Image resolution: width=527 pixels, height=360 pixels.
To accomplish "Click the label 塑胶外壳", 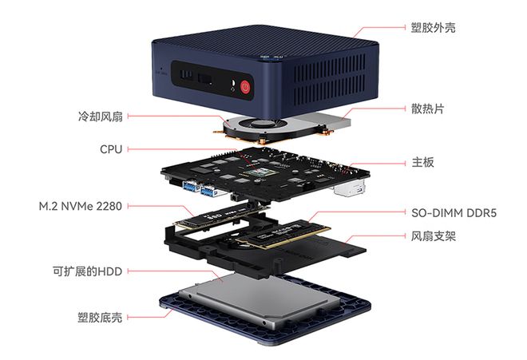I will point(435,28).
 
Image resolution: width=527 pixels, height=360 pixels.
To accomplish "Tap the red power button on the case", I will point(245,85).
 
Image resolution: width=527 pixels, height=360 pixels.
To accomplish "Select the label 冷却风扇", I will point(94,117).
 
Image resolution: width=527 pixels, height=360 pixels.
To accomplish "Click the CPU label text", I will point(111,148).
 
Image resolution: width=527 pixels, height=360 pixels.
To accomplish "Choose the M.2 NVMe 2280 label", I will point(80,206).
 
